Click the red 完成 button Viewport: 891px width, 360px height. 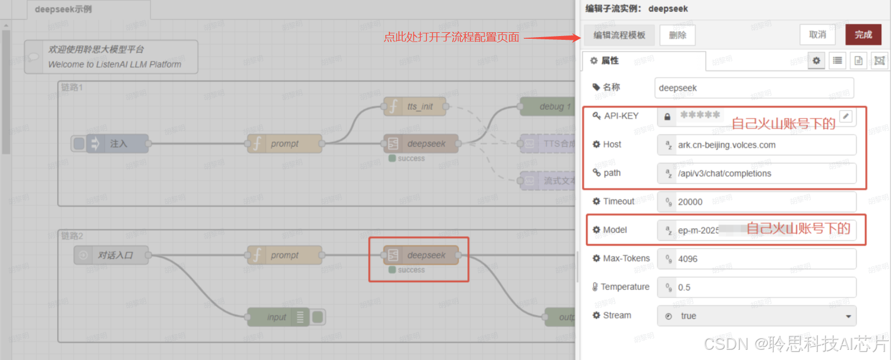coord(863,34)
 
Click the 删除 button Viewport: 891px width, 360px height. coord(677,36)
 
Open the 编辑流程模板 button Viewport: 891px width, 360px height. coord(619,35)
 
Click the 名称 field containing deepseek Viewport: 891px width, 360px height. coord(754,88)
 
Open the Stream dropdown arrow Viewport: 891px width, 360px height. coord(848,316)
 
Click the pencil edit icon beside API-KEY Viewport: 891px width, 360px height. coord(846,116)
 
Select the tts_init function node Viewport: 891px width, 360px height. coord(415,107)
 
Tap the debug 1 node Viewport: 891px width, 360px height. coord(549,107)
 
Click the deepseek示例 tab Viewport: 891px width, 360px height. coord(64,9)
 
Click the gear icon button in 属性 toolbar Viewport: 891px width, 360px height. coord(816,61)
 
